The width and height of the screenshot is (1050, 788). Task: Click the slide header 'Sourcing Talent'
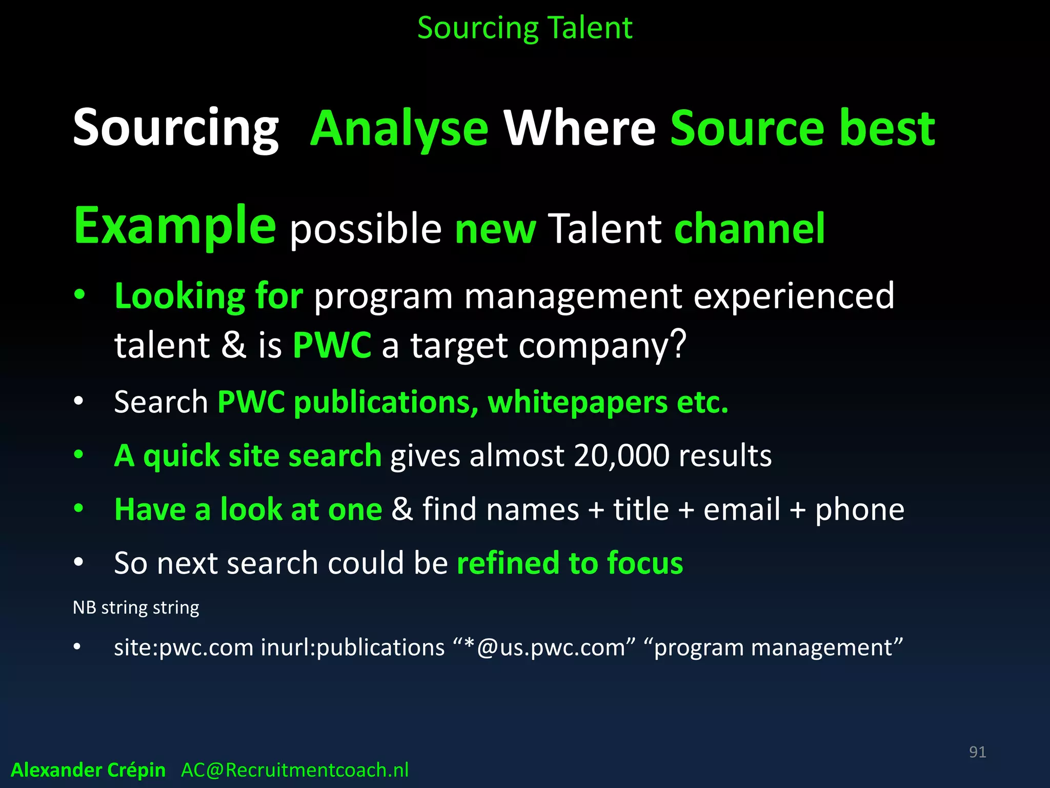point(524,28)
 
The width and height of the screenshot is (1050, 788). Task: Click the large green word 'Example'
point(175,226)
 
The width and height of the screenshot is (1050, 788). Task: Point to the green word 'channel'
point(750,228)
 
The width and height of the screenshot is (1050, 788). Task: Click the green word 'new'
point(495,229)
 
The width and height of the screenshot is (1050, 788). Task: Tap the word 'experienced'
point(794,296)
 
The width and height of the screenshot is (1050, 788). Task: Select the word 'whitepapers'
point(577,402)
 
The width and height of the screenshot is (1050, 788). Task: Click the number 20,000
point(621,456)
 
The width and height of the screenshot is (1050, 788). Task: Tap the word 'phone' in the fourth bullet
point(860,509)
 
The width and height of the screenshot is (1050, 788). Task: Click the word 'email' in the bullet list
point(742,509)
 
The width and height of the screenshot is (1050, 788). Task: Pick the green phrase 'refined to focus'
point(570,563)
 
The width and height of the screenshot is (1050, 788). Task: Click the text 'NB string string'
point(136,607)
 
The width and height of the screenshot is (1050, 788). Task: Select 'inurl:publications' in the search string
point(353,647)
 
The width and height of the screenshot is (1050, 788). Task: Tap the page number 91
point(977,752)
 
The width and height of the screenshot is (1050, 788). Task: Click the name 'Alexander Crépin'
point(88,770)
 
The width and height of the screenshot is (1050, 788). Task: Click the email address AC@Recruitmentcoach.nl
point(295,770)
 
